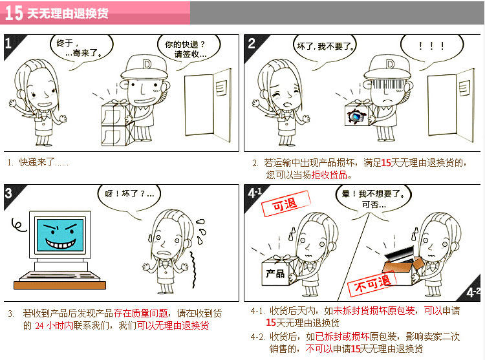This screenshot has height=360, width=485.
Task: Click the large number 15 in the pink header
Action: tap(14, 13)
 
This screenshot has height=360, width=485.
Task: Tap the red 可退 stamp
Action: tap(285, 204)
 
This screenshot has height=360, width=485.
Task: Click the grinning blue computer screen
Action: tap(60, 235)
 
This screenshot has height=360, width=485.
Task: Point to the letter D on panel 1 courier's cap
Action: tap(147, 64)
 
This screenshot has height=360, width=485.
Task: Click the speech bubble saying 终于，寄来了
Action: tap(81, 48)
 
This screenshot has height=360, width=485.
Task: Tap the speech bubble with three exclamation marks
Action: tap(432, 47)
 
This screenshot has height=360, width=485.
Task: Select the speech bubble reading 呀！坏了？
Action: tap(129, 196)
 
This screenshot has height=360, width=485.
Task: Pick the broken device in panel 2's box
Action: tap(357, 116)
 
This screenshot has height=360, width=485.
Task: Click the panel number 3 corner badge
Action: tap(12, 195)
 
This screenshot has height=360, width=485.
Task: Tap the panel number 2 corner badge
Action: tap(253, 44)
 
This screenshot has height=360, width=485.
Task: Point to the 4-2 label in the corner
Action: tap(473, 292)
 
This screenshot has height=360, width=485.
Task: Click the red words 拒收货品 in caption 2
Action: tap(329, 175)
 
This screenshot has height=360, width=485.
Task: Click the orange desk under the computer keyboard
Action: tap(59, 285)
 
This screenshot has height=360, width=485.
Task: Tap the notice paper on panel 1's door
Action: tap(221, 88)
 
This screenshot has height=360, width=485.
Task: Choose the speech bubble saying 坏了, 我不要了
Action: tap(325, 48)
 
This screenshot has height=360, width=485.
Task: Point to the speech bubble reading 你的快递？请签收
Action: tap(189, 48)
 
